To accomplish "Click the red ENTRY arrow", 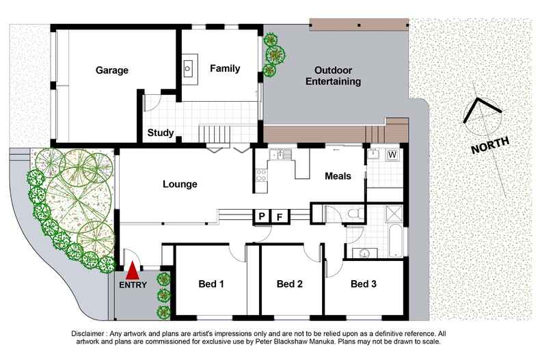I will [x=133, y=271].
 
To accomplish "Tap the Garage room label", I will [x=111, y=70].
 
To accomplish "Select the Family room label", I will [x=225, y=68].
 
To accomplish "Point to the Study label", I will [x=161, y=133].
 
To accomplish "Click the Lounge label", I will [x=180, y=184].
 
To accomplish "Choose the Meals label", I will [x=338, y=176].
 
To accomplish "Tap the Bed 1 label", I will [x=211, y=283].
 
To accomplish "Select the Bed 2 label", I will [x=290, y=283].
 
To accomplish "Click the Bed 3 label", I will [x=364, y=283].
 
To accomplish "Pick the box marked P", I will [x=261, y=217].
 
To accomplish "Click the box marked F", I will [x=280, y=217].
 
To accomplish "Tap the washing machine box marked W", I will [x=392, y=154].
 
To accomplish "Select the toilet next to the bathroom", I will [x=353, y=214].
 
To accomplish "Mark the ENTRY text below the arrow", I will [x=133, y=286].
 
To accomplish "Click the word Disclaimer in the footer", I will [x=92, y=333].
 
